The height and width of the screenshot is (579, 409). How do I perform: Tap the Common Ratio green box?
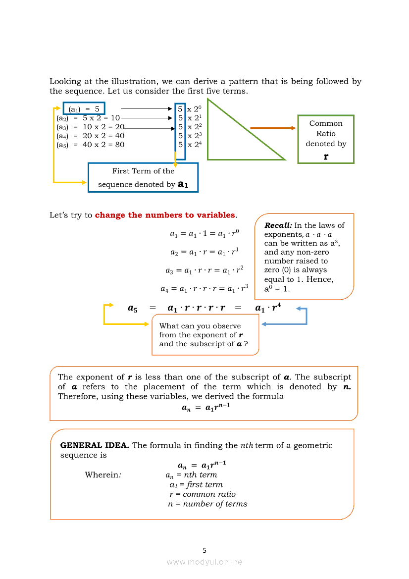click(x=326, y=139)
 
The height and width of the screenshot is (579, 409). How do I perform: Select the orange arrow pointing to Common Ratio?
click(x=273, y=128)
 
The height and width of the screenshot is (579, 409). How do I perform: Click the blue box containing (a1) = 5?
click(x=84, y=108)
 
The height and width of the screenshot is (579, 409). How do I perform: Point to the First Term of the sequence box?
click(x=143, y=177)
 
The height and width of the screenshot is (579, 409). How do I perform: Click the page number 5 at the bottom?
click(x=204, y=550)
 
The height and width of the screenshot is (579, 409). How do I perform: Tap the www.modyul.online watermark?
click(x=204, y=562)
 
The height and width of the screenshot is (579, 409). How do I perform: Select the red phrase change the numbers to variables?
click(x=165, y=215)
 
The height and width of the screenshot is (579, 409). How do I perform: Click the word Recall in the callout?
click(x=277, y=225)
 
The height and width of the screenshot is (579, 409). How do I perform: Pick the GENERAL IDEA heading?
click(x=95, y=445)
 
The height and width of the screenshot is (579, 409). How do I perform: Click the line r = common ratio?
click(x=203, y=494)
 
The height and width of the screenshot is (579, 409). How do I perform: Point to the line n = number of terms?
click(x=207, y=504)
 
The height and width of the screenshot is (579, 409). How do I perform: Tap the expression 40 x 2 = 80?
click(x=103, y=145)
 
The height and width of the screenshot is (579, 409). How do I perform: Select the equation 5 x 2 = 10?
click(x=101, y=118)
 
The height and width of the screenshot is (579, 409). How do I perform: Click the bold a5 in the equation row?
click(x=133, y=309)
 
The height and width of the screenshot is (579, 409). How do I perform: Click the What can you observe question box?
click(x=205, y=335)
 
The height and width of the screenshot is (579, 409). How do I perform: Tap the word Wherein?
click(x=103, y=475)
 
